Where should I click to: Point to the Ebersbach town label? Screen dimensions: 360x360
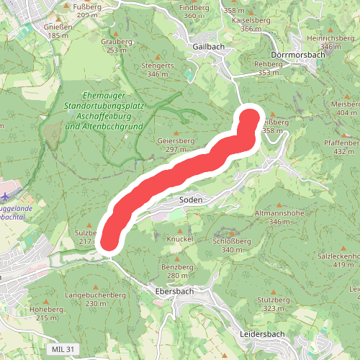175,292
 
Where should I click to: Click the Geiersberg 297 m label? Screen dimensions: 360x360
176,145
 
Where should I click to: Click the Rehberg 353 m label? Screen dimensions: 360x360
268,68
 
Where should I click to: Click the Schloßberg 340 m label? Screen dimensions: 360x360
233,246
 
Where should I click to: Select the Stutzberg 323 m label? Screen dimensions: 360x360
274,304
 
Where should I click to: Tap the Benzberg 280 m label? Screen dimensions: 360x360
179,271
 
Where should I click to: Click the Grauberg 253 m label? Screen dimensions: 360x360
117,46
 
